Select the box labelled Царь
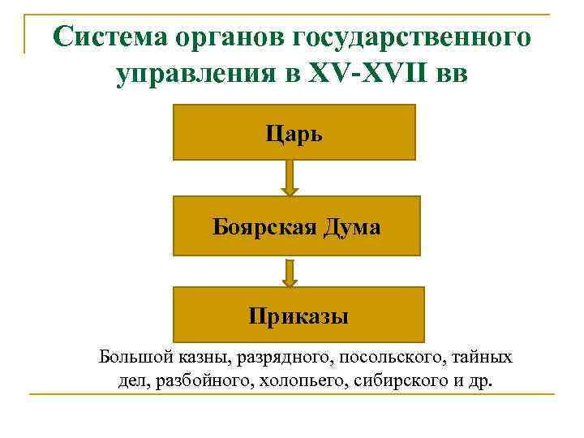[x=294, y=131]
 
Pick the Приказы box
[x=298, y=314]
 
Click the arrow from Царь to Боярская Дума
[x=290, y=178]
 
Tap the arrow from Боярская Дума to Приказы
[x=290, y=272]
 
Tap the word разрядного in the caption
[x=261, y=357]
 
